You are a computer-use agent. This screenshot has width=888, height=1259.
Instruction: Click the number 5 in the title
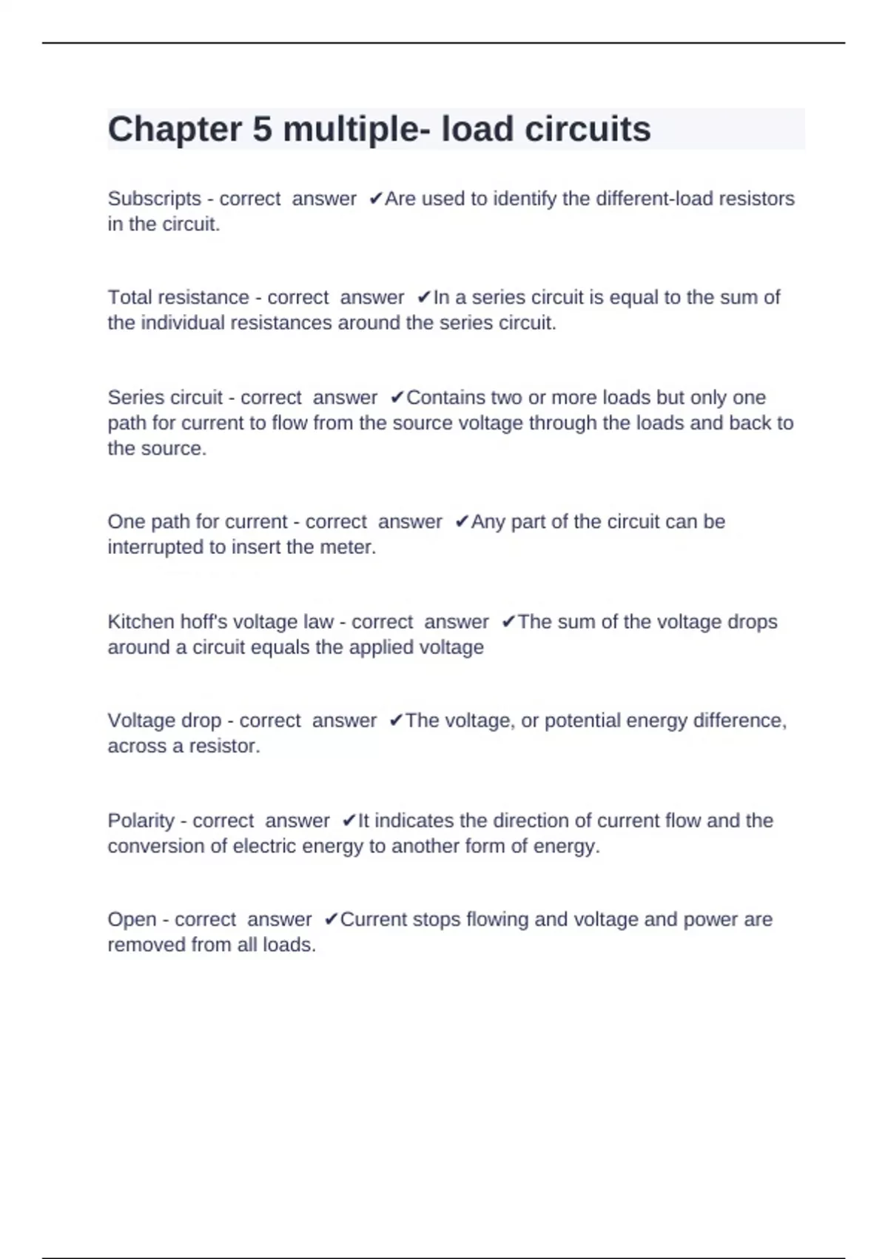click(262, 130)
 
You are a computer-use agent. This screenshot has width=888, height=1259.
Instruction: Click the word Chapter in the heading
click(175, 130)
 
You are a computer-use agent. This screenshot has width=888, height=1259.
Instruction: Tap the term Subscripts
click(154, 199)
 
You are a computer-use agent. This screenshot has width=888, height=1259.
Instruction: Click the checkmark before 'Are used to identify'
click(375, 198)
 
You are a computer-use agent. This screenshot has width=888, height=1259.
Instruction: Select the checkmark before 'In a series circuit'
click(423, 298)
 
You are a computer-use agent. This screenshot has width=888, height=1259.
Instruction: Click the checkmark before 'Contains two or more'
click(397, 398)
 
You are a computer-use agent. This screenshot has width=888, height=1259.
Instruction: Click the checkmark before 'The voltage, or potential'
click(396, 721)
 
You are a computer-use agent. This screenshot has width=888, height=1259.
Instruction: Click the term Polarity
click(141, 821)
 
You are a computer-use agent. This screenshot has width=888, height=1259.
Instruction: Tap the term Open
click(129, 920)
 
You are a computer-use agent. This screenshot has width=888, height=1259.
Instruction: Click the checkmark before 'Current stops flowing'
click(331, 920)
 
